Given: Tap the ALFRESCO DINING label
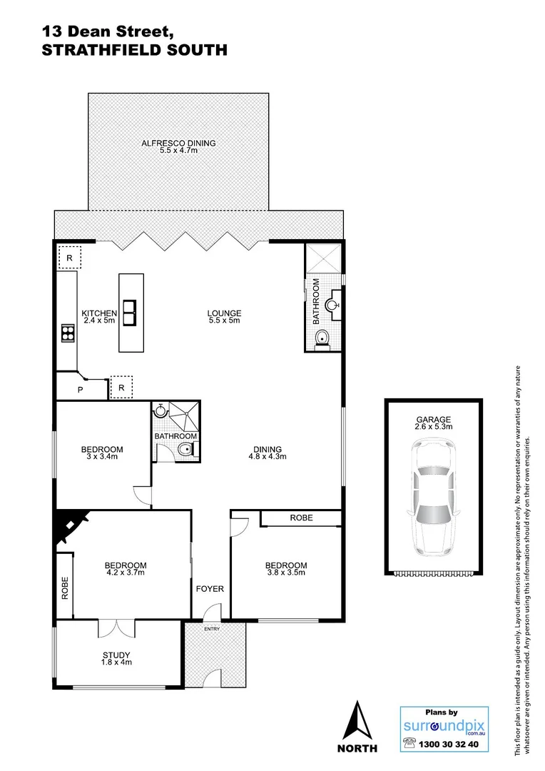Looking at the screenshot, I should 178,143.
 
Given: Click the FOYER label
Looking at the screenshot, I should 210,589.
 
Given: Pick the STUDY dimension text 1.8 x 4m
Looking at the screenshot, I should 116,662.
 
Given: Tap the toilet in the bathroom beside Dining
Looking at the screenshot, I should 185,449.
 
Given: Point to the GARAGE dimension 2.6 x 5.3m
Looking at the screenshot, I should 434,425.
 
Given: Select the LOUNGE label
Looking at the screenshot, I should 224,313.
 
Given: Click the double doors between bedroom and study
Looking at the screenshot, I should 116,627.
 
